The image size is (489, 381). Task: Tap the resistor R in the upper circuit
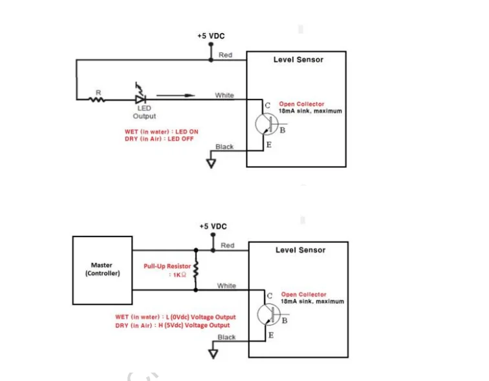[99, 99]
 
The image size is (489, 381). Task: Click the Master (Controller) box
[102, 269]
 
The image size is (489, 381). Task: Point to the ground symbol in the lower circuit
[212, 352]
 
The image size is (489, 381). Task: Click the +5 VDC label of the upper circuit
[211, 37]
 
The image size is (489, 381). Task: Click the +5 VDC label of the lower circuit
[213, 226]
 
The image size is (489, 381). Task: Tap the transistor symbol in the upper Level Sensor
[265, 125]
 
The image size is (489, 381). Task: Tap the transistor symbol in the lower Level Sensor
[268, 315]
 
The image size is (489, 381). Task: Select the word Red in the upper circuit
[225, 55]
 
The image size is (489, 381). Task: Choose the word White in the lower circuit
[226, 285]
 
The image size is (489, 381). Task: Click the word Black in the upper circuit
[224, 147]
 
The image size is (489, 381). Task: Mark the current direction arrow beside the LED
[175, 96]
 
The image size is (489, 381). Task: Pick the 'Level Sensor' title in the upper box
[298, 59]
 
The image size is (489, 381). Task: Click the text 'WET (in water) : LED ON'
[161, 132]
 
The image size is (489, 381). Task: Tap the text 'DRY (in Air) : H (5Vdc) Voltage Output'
[172, 325]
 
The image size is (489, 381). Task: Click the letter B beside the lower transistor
[285, 320]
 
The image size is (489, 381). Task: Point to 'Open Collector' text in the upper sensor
[301, 104]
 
